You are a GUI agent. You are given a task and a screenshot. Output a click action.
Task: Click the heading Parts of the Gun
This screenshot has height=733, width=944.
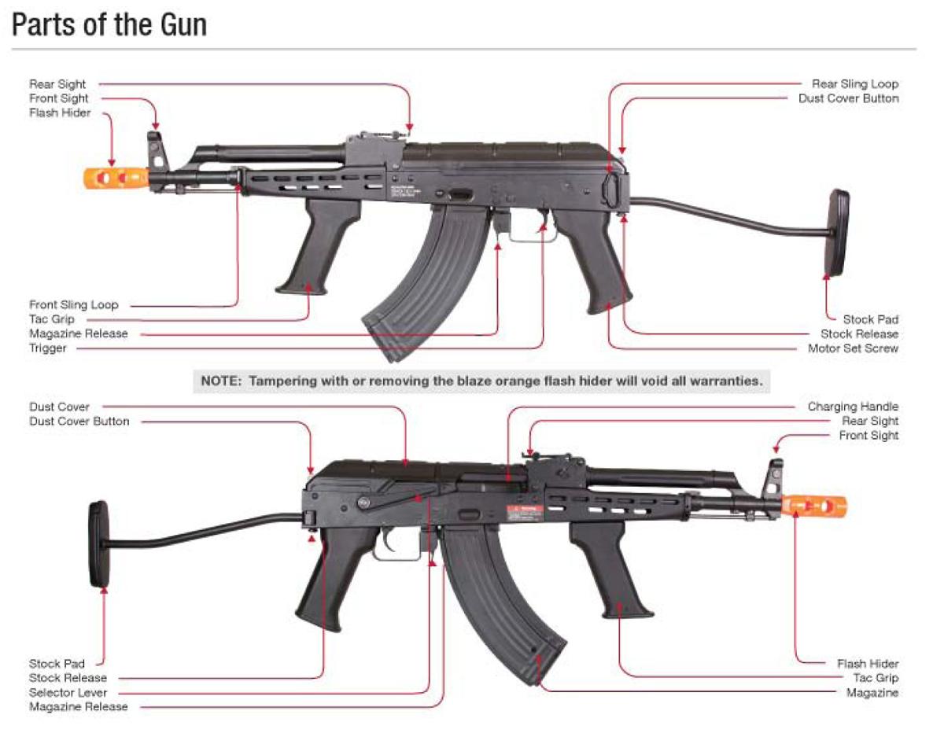[x=109, y=25]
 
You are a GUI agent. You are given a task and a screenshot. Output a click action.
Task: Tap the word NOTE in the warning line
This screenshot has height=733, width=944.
[x=223, y=381]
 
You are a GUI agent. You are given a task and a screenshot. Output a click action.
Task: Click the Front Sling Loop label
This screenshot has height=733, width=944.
[x=74, y=304]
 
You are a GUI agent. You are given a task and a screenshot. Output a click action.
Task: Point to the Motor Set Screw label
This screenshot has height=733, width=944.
[x=853, y=348]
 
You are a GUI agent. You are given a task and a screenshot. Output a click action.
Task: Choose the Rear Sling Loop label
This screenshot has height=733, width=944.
[x=854, y=83]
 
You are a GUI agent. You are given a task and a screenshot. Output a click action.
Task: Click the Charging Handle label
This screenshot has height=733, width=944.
[x=853, y=407]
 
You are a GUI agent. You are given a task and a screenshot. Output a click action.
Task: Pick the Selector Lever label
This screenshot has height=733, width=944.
[x=68, y=692]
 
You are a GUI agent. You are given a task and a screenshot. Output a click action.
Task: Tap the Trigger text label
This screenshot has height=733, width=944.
[x=48, y=348]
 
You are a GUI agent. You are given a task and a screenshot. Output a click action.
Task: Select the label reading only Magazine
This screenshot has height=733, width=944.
[x=872, y=692]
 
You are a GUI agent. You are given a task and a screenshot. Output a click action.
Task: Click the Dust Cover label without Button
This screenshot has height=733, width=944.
[x=60, y=407]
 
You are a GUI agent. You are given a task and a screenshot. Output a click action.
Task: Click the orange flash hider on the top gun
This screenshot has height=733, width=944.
[x=116, y=177]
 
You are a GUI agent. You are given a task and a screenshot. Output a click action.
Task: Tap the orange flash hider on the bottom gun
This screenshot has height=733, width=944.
[x=816, y=505]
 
